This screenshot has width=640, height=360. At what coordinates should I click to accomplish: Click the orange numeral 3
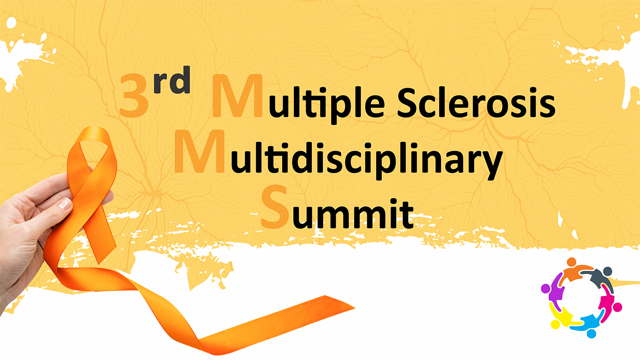tap(134, 95)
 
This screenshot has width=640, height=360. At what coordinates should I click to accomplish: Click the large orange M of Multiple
tap(237, 96)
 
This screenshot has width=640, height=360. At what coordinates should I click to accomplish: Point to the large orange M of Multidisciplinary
tap(199, 152)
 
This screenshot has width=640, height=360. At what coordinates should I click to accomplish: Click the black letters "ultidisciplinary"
tap(366, 161)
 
